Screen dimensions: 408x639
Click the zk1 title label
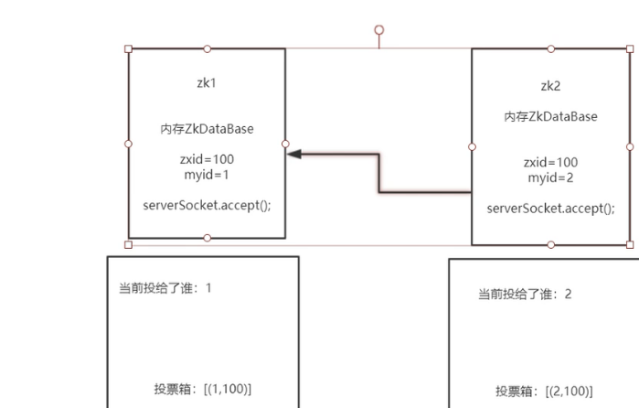tap(207, 82)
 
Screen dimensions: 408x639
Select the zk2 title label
tap(550, 86)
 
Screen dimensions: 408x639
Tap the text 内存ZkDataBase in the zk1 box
tap(207, 129)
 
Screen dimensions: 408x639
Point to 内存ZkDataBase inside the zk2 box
tap(550, 116)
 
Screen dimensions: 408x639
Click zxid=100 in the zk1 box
tap(207, 159)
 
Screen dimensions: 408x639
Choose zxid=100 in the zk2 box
tap(550, 162)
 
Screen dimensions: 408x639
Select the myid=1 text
tap(207, 174)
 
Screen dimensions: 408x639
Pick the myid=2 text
tap(550, 177)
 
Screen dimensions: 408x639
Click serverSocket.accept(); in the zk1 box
tap(207, 204)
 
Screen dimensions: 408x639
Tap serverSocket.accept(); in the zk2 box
tap(550, 208)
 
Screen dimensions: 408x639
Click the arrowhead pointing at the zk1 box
tap(294, 155)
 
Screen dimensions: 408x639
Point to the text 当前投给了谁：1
tap(165, 287)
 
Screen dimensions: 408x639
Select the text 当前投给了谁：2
tap(525, 294)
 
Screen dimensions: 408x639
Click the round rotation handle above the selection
tap(378, 30)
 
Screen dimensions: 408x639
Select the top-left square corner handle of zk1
tap(128, 48)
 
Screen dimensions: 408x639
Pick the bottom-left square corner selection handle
tap(128, 244)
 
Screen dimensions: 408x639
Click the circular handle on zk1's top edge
tap(207, 48)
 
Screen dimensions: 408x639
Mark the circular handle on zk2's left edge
tap(472, 146)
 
